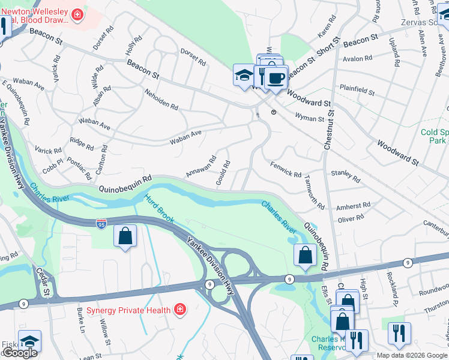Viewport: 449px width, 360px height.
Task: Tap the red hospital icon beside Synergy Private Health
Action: (179, 310)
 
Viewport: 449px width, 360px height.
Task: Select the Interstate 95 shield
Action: (101, 224)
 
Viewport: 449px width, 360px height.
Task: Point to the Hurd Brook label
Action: (159, 208)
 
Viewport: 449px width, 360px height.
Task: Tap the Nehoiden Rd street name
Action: (161, 100)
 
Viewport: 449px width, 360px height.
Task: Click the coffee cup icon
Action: (276, 78)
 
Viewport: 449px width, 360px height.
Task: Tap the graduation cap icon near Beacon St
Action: (244, 76)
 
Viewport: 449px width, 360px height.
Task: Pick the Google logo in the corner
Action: (20, 353)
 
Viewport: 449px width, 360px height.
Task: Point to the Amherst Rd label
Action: (349, 206)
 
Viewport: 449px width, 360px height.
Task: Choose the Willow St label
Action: (105, 334)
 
